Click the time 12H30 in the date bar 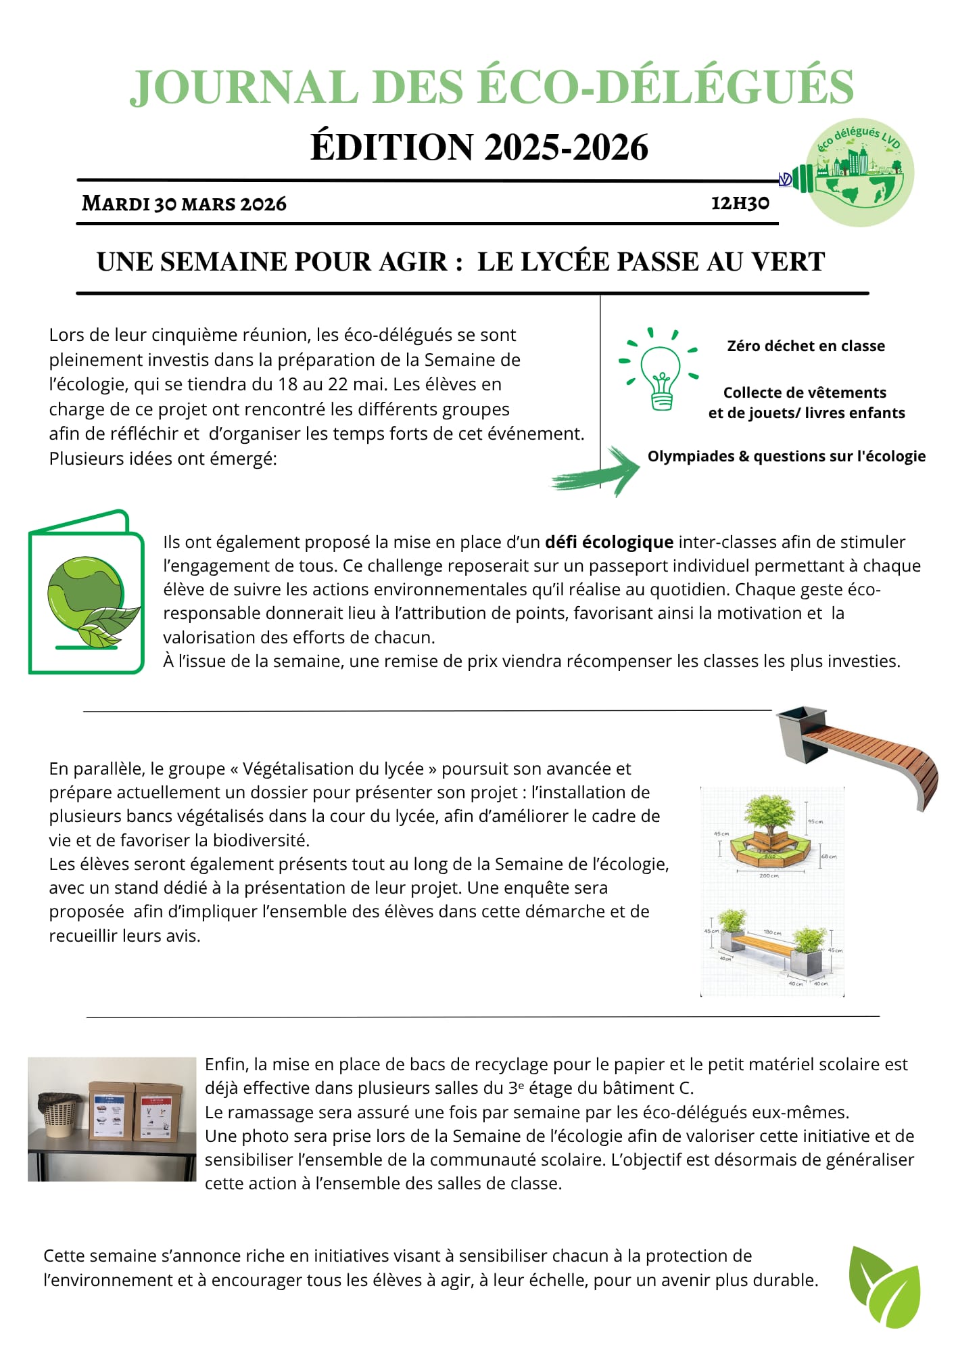coord(740,203)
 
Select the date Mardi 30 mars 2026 coord(184,204)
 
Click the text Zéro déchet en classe coord(805,346)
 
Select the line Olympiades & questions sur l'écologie coord(786,456)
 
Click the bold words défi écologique coord(608,542)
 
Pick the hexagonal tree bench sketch coord(771,835)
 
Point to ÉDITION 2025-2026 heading coord(479,147)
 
